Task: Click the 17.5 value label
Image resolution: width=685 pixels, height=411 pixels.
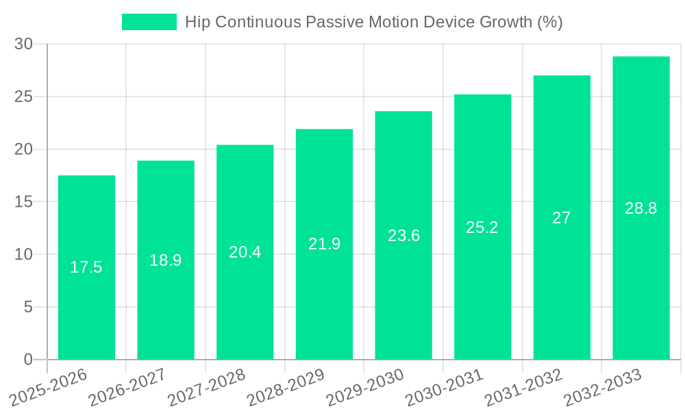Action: (86, 267)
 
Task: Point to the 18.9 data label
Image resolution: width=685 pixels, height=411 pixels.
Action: (166, 260)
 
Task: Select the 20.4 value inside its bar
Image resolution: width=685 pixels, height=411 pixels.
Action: (245, 252)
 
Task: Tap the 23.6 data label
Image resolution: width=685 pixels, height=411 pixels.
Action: (403, 236)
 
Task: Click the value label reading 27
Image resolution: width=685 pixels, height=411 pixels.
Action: (562, 218)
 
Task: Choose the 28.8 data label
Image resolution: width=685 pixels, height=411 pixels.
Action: (641, 209)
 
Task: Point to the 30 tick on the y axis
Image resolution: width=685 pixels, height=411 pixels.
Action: (23, 44)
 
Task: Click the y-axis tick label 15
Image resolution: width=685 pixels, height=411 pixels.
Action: (23, 202)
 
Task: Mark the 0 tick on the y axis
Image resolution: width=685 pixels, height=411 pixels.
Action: (28, 360)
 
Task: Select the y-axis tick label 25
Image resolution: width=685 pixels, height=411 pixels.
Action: (23, 97)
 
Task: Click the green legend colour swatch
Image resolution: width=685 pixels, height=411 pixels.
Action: (149, 22)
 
